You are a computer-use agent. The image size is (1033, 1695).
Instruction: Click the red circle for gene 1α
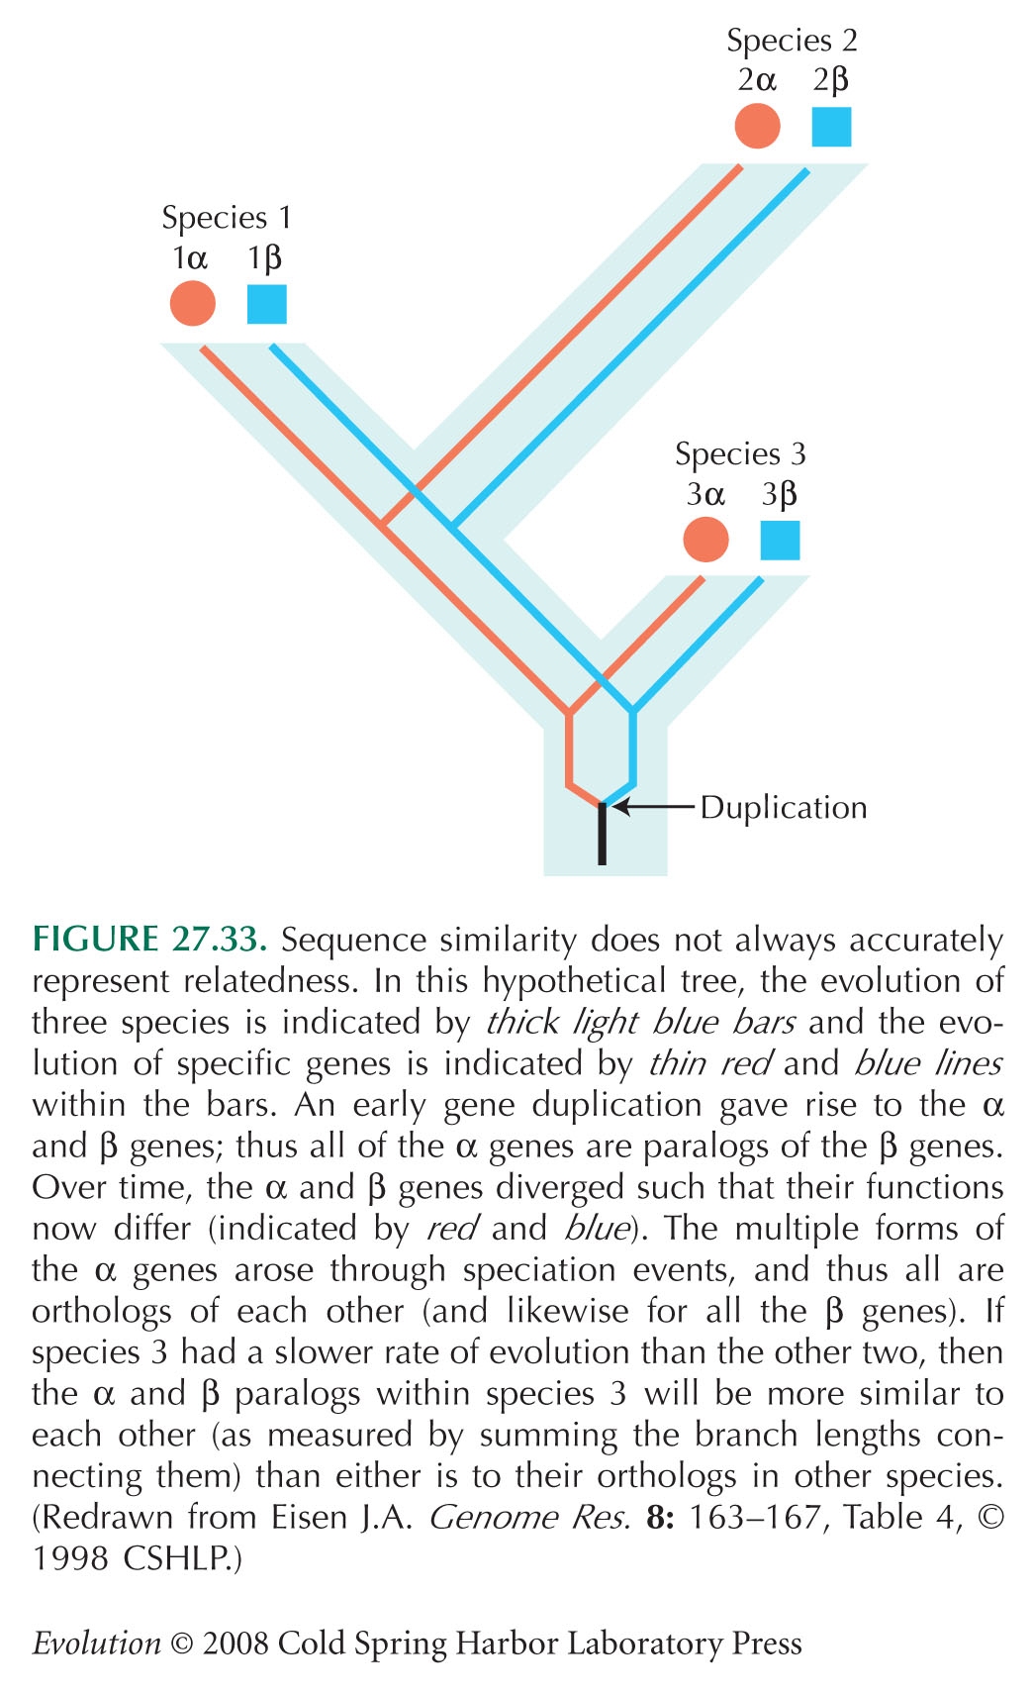193,303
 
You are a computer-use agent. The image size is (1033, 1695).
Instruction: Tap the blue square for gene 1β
267,304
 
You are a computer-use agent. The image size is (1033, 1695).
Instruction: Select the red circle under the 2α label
757,126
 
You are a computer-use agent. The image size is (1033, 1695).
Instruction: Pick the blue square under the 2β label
831,127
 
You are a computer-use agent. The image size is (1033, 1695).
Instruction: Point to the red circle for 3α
705,540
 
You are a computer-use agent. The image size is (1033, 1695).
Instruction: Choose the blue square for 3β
780,541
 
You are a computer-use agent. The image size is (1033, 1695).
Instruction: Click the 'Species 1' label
227,219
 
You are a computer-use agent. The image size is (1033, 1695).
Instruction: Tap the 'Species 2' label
792,41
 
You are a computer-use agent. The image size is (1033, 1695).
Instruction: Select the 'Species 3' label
740,454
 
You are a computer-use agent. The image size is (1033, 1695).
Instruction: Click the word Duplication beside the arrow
784,808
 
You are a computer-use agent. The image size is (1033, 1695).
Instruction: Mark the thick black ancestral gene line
602,834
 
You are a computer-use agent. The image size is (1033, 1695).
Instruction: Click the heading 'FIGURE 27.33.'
149,939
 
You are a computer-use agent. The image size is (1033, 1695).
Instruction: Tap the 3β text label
780,495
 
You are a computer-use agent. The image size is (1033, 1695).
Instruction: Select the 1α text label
190,258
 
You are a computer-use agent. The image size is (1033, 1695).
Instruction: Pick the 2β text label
831,81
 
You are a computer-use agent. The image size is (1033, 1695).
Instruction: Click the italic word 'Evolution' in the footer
97,1644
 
